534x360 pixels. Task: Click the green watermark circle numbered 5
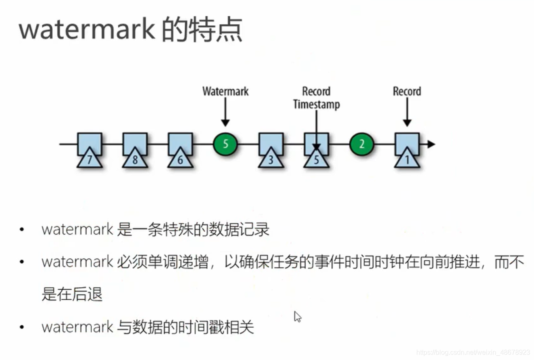[x=225, y=144]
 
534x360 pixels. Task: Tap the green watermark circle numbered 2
[x=362, y=144]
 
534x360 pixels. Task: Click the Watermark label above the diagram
[x=225, y=91]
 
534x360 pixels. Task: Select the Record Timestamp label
[x=316, y=98]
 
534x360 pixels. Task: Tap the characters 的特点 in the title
[x=202, y=30]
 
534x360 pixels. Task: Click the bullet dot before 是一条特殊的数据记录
[x=22, y=230]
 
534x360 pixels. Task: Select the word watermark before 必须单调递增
[x=77, y=262]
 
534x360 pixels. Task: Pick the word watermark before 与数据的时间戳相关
[x=77, y=327]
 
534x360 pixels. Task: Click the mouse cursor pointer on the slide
[x=297, y=316]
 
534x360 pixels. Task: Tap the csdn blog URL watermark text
[x=473, y=352]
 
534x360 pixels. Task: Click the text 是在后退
[x=72, y=294]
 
